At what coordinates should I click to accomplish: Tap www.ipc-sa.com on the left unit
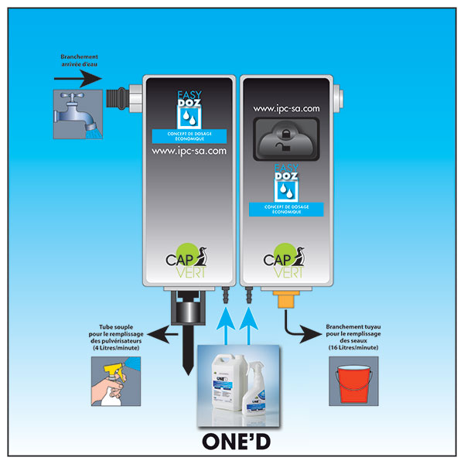click(x=189, y=152)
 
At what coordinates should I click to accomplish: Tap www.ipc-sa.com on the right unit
click(x=286, y=109)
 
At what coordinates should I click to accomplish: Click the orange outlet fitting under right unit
click(x=285, y=299)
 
